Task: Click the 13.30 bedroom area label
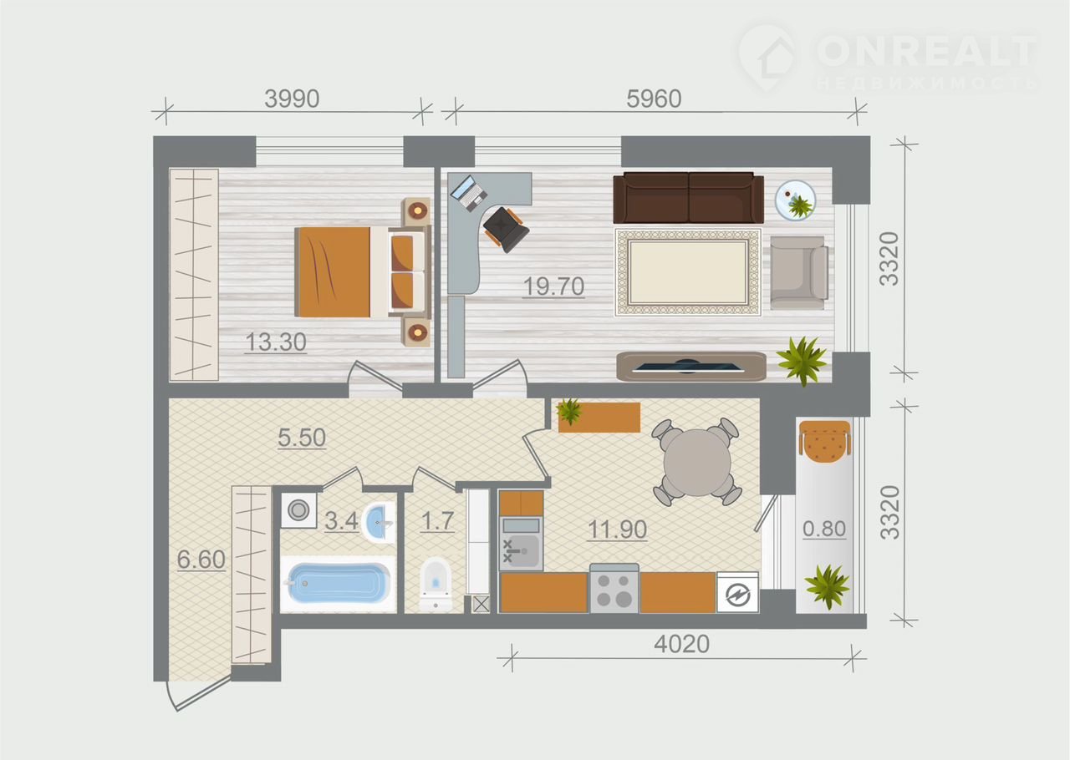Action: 276,342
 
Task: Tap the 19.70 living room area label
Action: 553,286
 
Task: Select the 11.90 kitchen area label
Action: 617,529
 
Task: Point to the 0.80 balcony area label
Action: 824,529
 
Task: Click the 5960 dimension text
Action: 654,99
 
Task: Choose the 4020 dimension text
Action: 681,645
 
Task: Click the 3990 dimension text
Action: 292,99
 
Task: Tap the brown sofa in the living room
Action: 688,198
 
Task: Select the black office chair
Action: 506,229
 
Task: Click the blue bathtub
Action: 336,584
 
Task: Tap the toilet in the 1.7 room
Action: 436,584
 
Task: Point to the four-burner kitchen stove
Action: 614,589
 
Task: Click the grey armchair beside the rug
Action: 798,272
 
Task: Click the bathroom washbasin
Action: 379,522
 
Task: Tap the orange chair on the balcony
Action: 825,442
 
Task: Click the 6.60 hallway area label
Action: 201,560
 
